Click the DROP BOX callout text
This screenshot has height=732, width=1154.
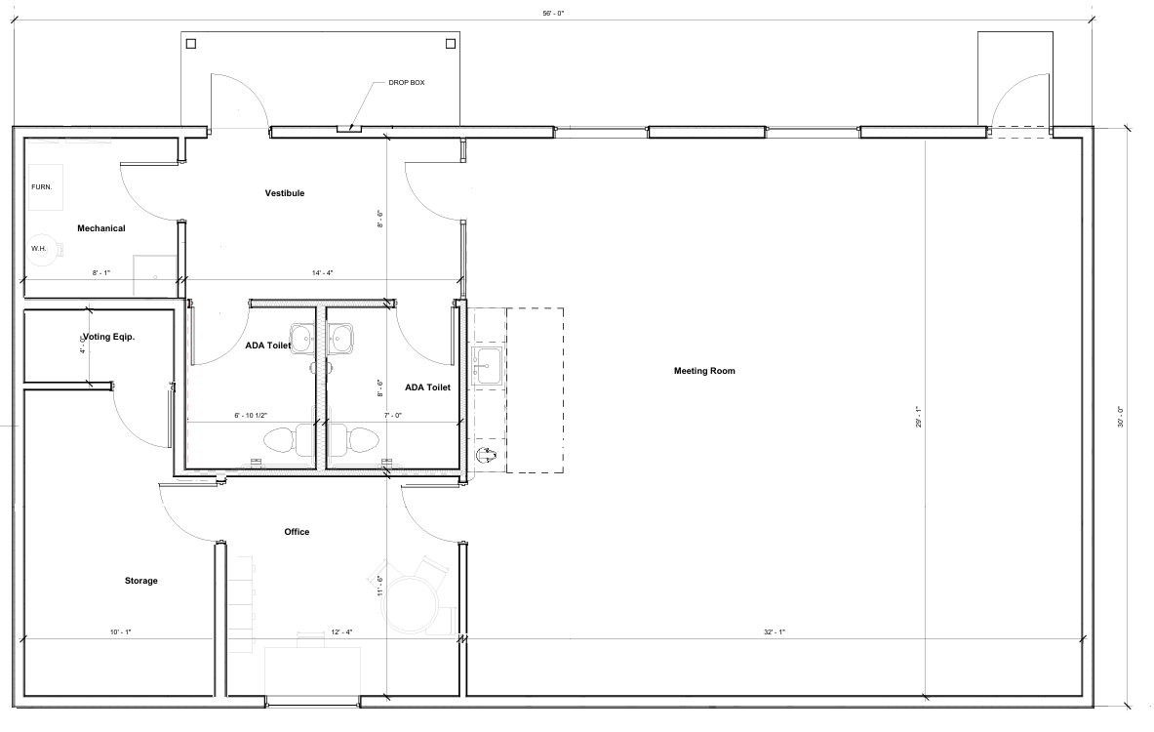406,83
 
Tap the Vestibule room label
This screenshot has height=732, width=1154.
285,193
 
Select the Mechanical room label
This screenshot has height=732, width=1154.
100,228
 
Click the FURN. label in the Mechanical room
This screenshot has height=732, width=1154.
41,187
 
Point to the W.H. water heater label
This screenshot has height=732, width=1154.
38,249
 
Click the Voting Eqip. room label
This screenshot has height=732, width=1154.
108,337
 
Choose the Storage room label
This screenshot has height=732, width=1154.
140,581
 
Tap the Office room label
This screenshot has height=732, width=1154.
297,532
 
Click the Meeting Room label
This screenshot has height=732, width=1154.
704,371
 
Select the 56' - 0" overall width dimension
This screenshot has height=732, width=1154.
553,14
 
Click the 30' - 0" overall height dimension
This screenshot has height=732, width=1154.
1121,418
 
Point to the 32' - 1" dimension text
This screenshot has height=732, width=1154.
775,631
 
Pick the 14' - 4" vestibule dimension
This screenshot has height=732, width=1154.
322,273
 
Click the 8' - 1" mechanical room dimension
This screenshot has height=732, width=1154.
100,273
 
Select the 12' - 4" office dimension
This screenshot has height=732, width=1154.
341,631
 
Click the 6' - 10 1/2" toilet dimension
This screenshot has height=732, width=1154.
251,416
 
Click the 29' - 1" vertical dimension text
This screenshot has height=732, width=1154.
919,417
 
